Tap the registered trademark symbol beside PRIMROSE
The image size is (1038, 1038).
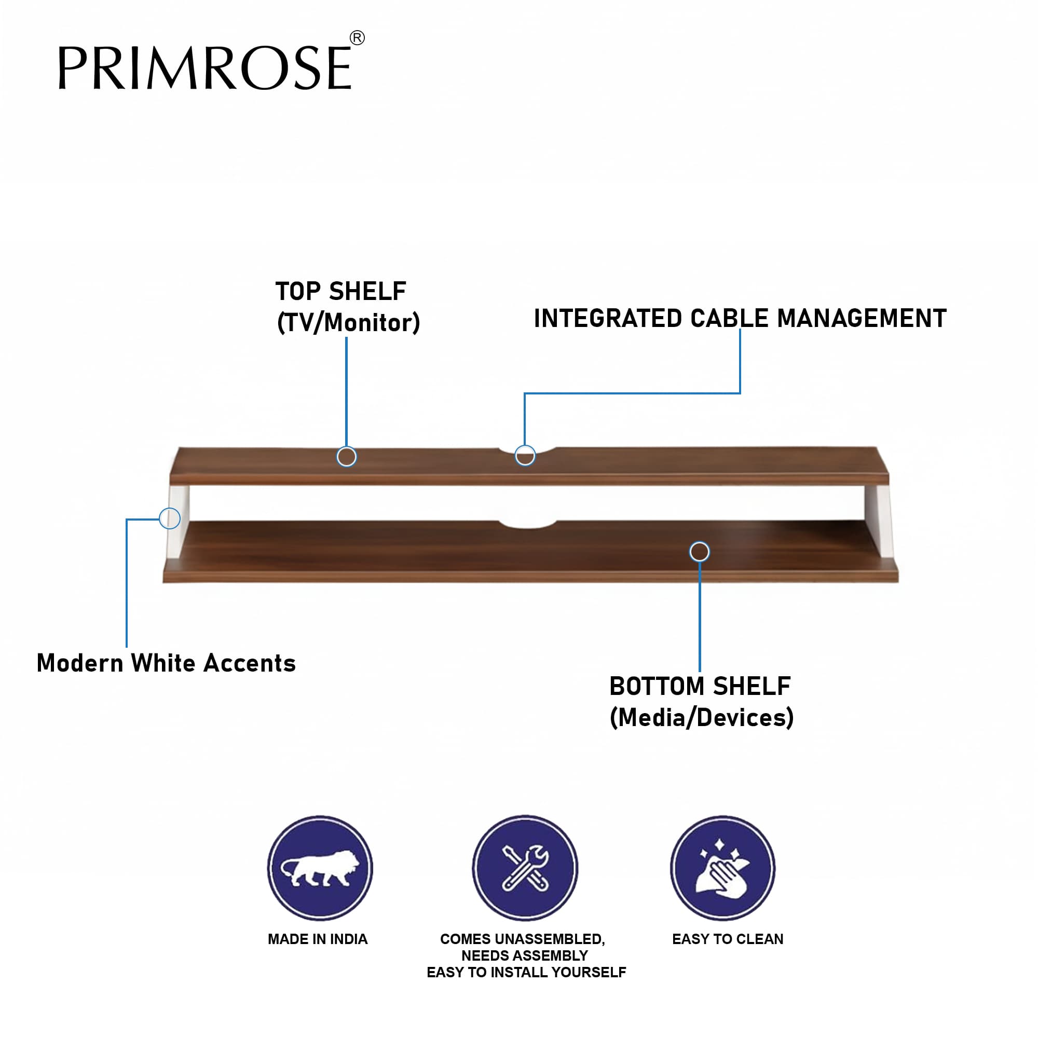(x=357, y=37)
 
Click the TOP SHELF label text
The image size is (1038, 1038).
(x=340, y=291)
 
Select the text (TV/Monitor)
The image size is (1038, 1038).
(x=348, y=322)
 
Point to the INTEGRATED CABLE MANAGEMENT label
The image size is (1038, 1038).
(x=740, y=318)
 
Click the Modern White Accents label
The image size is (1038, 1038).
(x=166, y=662)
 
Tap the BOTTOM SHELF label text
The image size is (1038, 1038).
(x=700, y=686)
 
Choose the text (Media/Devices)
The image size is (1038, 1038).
(x=701, y=717)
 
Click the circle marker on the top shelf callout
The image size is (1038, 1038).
(x=347, y=457)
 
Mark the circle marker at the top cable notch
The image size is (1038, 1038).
(x=525, y=456)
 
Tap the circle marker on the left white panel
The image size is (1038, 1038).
(x=170, y=518)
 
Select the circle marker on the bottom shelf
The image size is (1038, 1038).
(x=700, y=552)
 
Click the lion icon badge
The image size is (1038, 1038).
(x=320, y=868)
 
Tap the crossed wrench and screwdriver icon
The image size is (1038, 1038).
(x=525, y=868)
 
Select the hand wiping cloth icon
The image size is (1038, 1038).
(x=722, y=868)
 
